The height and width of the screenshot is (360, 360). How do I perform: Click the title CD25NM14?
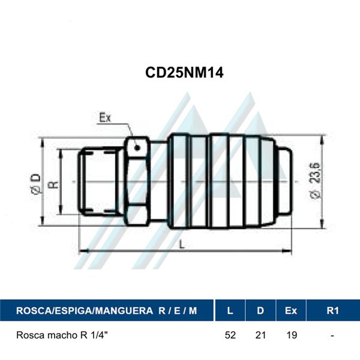pos(184,73)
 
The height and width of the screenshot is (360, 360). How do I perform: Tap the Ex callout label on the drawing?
pos(105,118)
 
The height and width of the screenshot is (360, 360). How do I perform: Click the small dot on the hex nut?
pos(137,148)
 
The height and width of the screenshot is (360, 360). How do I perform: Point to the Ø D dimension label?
pos(36,184)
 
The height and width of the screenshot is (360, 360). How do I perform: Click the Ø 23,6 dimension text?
pos(315,181)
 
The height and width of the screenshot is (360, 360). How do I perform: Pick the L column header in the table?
pos(230,311)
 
